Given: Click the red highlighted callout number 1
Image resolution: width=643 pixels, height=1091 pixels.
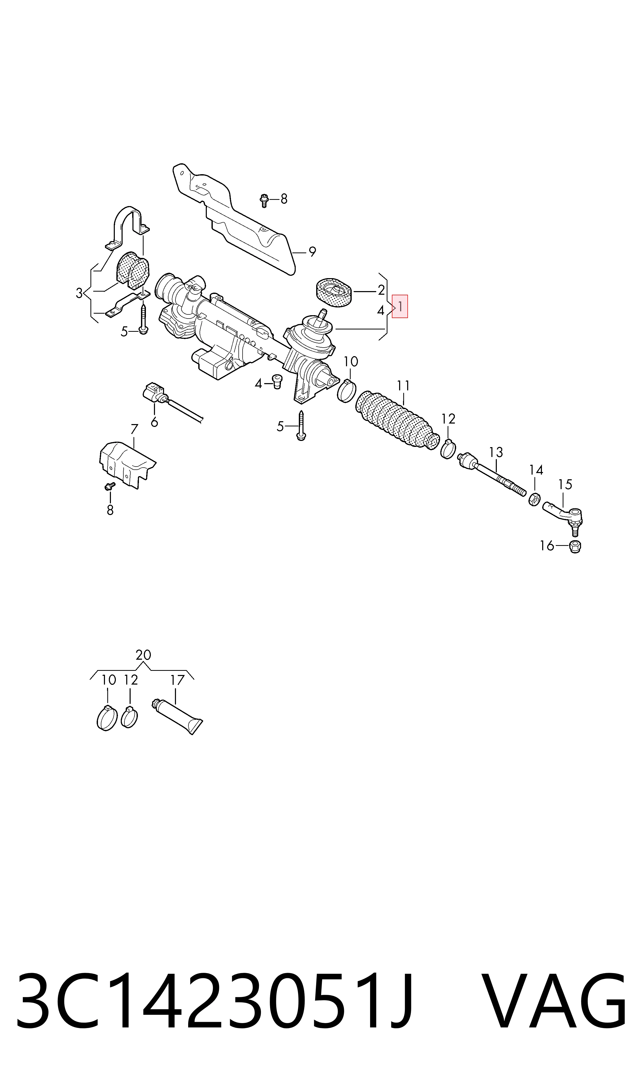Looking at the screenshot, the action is (x=400, y=306).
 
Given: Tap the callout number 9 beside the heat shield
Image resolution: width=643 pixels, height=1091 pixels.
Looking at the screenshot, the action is (x=312, y=251).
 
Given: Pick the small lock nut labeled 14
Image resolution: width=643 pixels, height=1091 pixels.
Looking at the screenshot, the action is (x=534, y=499).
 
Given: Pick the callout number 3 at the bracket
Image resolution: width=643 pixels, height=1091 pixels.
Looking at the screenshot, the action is (x=79, y=293).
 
